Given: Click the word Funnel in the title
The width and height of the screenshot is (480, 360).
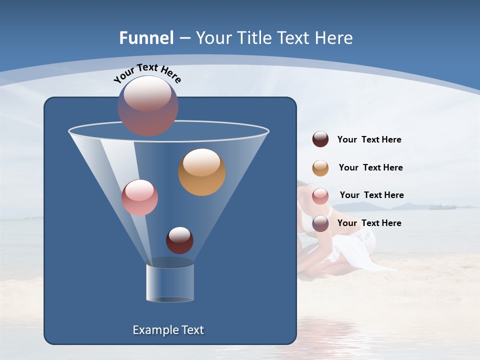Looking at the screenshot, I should pos(146,38).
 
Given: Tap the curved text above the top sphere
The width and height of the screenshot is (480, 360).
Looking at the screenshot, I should pos(147,73).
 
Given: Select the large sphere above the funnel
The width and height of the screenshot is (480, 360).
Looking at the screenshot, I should pos(148,106).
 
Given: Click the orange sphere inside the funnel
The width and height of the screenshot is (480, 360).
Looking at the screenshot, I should pos(202,172).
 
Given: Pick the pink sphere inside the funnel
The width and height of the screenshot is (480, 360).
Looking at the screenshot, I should pos(139,197).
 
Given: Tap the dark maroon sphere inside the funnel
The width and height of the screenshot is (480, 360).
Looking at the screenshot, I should pos(179,240).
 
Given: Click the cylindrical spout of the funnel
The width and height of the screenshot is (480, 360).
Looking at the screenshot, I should pos(170,282).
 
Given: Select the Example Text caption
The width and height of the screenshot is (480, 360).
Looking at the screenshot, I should pos(168,330).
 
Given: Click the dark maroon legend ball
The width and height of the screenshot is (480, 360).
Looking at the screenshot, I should pos(320,139).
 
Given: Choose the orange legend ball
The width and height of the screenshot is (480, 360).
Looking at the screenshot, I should pos(320,168).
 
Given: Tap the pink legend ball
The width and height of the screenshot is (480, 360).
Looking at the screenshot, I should pos(320,196).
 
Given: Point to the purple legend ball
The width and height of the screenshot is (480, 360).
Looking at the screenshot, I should pos(320,223).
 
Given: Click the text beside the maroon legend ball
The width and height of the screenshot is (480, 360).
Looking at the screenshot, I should pos(369,140).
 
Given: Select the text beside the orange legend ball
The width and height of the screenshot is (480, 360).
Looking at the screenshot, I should pos(370,167).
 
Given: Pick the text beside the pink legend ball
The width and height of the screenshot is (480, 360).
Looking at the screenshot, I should pos(371,195).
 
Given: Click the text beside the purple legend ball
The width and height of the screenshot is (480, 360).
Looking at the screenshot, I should pos(369,223).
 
